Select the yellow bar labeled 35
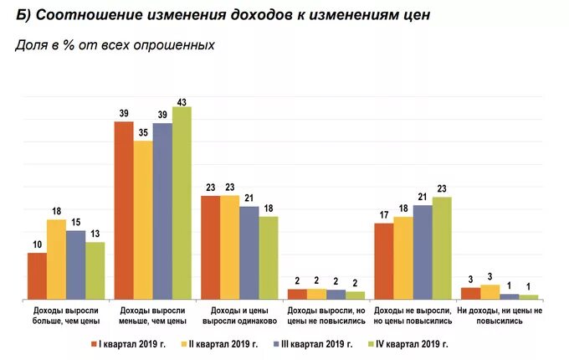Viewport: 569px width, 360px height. point(143,219)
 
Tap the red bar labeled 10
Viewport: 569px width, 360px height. point(37,275)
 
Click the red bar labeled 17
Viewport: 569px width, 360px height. point(384,260)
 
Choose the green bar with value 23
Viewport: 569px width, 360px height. point(442,248)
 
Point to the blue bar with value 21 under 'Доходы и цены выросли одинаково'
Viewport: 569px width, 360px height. point(249,252)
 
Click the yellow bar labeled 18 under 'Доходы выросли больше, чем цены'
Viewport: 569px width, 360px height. point(56,259)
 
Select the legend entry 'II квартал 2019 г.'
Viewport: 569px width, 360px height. point(221,343)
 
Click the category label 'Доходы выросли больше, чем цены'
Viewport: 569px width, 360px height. point(64,315)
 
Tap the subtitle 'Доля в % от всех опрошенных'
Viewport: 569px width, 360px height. point(115,45)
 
